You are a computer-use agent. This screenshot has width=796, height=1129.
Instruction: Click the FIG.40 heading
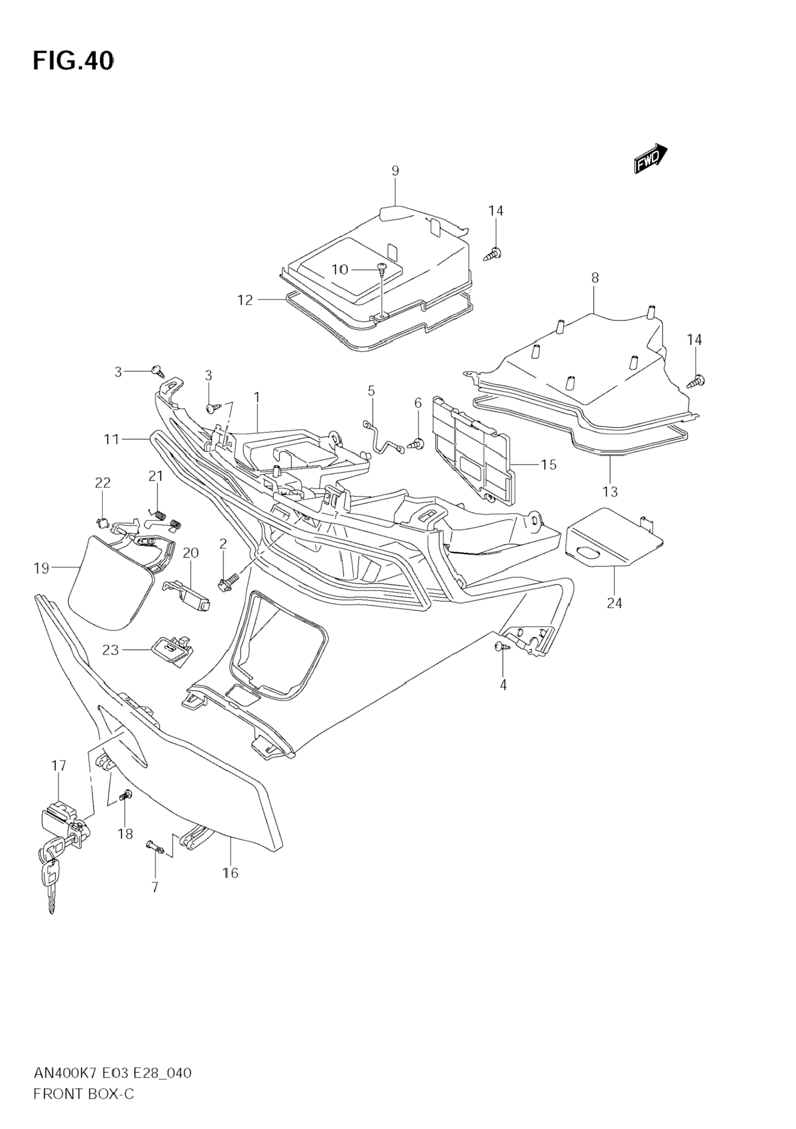point(73,61)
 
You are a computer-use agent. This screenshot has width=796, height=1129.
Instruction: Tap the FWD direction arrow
point(650,159)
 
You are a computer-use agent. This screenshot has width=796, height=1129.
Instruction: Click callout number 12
point(245,299)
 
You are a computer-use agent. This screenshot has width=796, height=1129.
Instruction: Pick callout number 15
point(548,464)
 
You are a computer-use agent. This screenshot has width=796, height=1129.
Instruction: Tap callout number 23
point(111,650)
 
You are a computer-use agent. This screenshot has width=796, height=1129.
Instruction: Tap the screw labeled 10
point(382,268)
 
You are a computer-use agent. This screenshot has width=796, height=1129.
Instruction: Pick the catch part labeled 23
point(170,650)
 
